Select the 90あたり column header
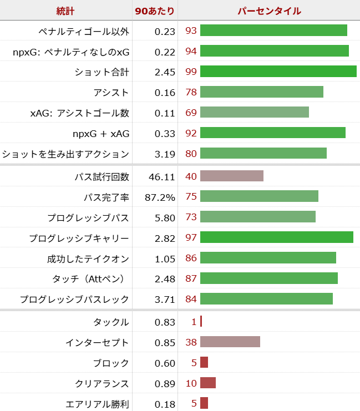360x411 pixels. click(155, 11)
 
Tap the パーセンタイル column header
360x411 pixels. click(269, 11)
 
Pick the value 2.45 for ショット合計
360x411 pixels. click(165, 72)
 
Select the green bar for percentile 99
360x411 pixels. click(278, 72)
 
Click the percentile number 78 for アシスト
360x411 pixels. click(191, 92)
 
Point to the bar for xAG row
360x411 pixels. click(254, 113)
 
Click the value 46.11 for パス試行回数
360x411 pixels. click(162, 176)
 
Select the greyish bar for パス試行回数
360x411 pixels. click(231, 176)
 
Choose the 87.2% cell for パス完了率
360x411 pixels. click(161, 197)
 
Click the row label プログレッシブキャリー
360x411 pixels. click(79, 238)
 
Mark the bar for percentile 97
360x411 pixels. click(276, 238)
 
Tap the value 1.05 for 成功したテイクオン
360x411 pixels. click(165, 258)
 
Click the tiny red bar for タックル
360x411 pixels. click(201, 321)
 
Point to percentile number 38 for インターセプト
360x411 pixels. click(191, 342)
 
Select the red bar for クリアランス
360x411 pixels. click(207, 383)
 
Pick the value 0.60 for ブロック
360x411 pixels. click(165, 362)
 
